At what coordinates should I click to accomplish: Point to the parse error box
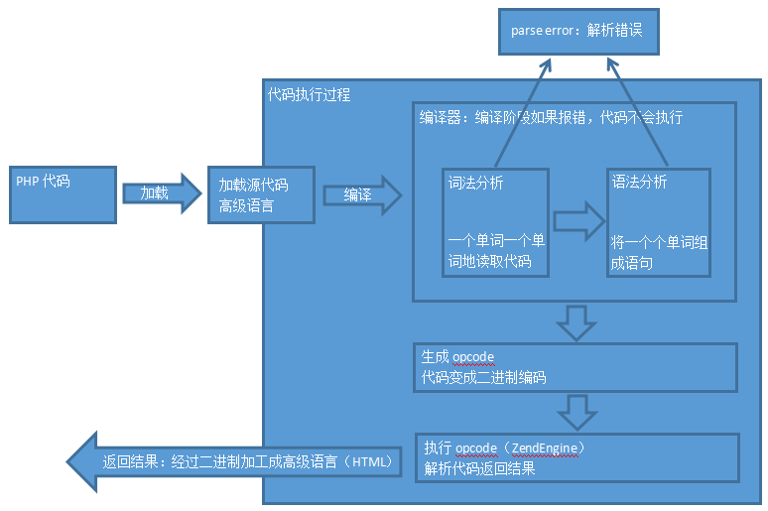coord(576,31)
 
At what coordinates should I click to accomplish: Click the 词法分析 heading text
coord(476,183)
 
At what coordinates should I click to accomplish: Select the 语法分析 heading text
coord(640,182)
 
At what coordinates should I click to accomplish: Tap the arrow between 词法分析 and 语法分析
coord(577,220)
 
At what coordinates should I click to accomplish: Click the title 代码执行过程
coord(309,95)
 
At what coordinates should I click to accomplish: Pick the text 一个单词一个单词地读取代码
coord(496,251)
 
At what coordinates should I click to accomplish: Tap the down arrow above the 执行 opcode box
coord(576,408)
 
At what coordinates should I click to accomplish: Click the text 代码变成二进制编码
coord(483,377)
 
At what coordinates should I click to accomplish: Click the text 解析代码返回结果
coord(479,468)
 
